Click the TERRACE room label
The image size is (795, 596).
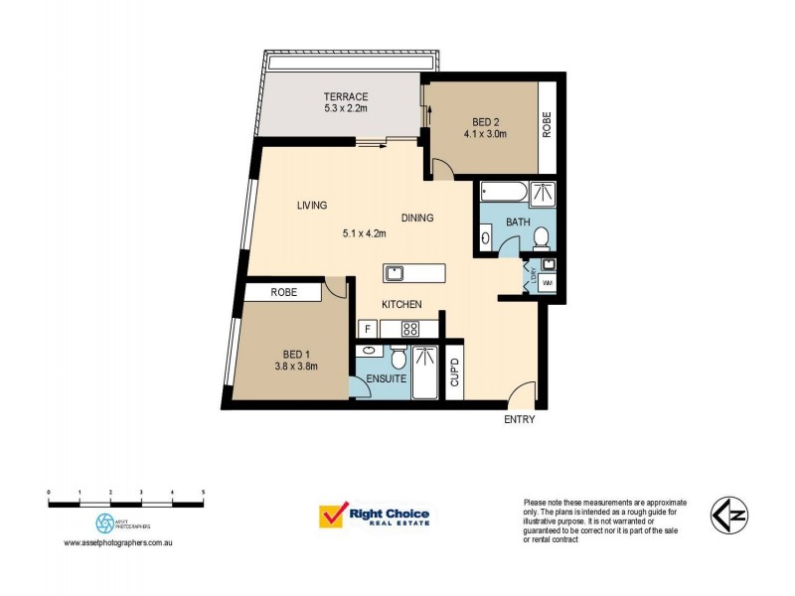tap(344, 96)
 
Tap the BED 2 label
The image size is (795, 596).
tap(485, 122)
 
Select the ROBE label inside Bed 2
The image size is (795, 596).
tap(547, 124)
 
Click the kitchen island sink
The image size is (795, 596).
tap(395, 272)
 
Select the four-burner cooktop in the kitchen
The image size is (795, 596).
tap(409, 328)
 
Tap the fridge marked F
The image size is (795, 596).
tap(366, 328)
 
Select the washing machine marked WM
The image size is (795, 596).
tap(547, 284)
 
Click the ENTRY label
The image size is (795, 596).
tap(519, 420)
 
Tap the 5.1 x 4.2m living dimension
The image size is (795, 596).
tap(364, 234)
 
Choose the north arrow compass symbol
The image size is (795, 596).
tap(731, 516)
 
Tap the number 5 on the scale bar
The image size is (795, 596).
tap(204, 492)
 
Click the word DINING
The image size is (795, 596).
tap(417, 218)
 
